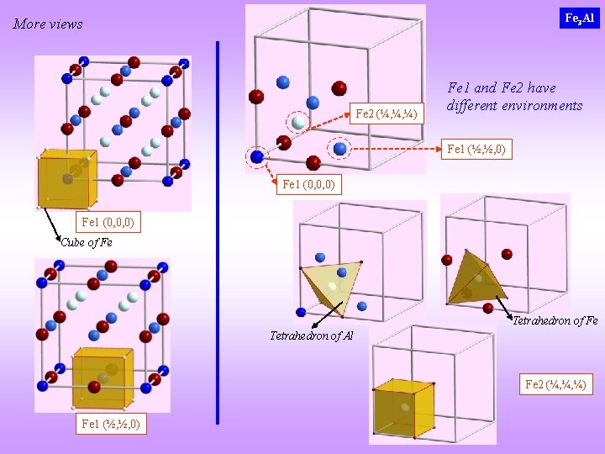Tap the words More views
pyautogui.click(x=48, y=24)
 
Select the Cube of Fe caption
pyautogui.click(x=87, y=242)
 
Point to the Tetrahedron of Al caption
pyautogui.click(x=311, y=335)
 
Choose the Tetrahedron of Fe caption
pyautogui.click(x=555, y=320)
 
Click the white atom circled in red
pyautogui.click(x=298, y=123)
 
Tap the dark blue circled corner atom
pyautogui.click(x=257, y=156)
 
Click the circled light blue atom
pyautogui.click(x=339, y=148)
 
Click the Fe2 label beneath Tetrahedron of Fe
pyautogui.click(x=558, y=384)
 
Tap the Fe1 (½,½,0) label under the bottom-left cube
pyautogui.click(x=110, y=424)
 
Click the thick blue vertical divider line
pyautogui.click(x=218, y=231)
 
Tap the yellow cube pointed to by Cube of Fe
pyautogui.click(x=67, y=178)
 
